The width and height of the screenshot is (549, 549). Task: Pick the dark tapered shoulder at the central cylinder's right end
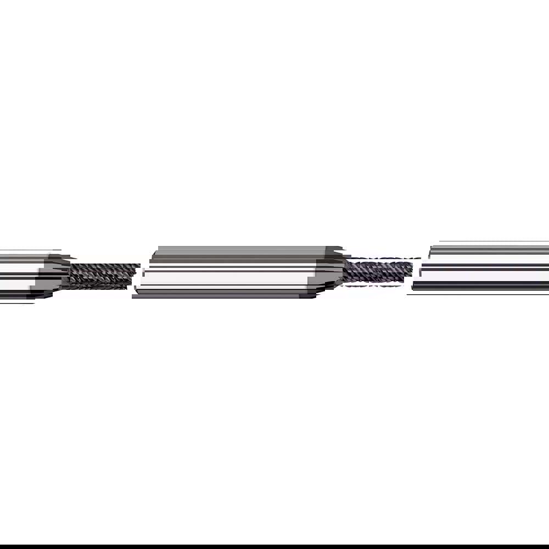point(329,272)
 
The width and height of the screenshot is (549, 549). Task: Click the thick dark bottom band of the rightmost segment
point(483,285)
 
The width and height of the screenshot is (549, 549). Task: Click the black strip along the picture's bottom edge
point(274,547)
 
